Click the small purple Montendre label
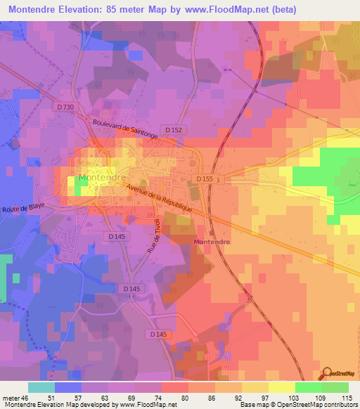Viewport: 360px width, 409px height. [210, 241]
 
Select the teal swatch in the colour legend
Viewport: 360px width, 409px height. [41, 387]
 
